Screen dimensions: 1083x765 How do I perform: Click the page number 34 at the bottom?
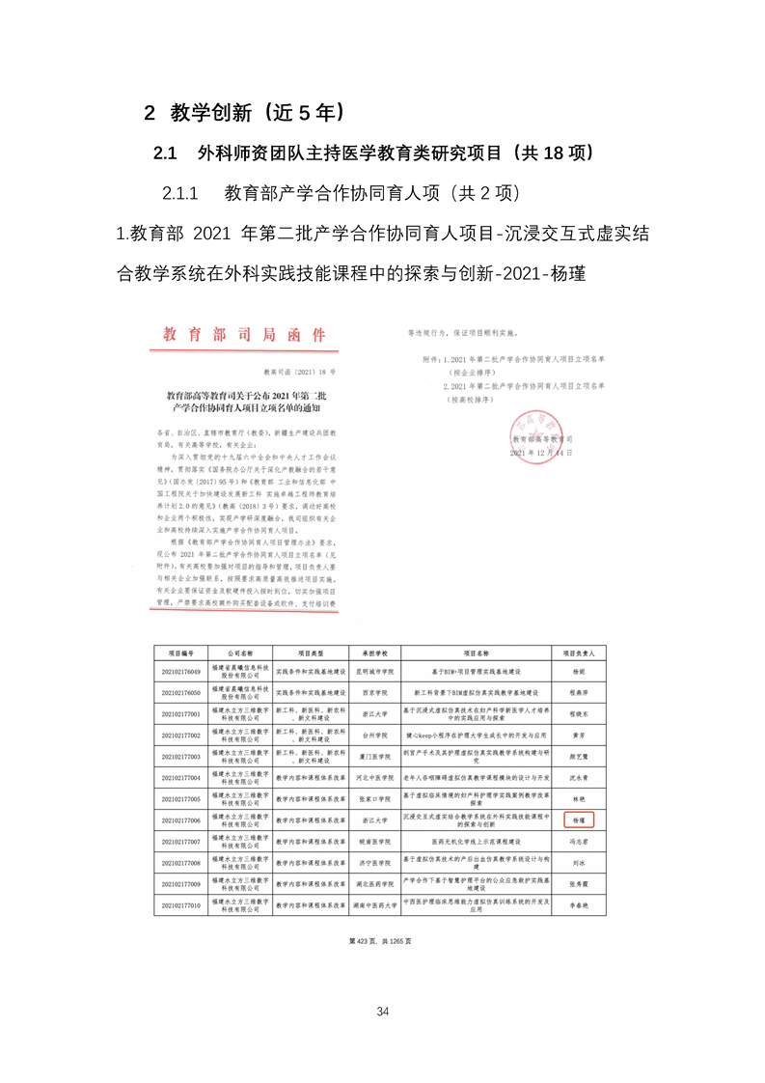click(383, 1012)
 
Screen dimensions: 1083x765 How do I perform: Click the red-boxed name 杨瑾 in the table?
click(580, 819)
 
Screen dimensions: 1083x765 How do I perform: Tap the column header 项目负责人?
click(579, 653)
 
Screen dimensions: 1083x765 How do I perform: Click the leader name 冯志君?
click(579, 841)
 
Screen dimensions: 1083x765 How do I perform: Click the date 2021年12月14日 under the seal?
click(542, 452)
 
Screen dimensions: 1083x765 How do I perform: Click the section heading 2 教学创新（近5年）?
click(246, 112)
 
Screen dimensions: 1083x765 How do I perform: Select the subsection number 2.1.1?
click(180, 193)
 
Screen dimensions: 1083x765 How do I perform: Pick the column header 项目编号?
click(182, 653)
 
